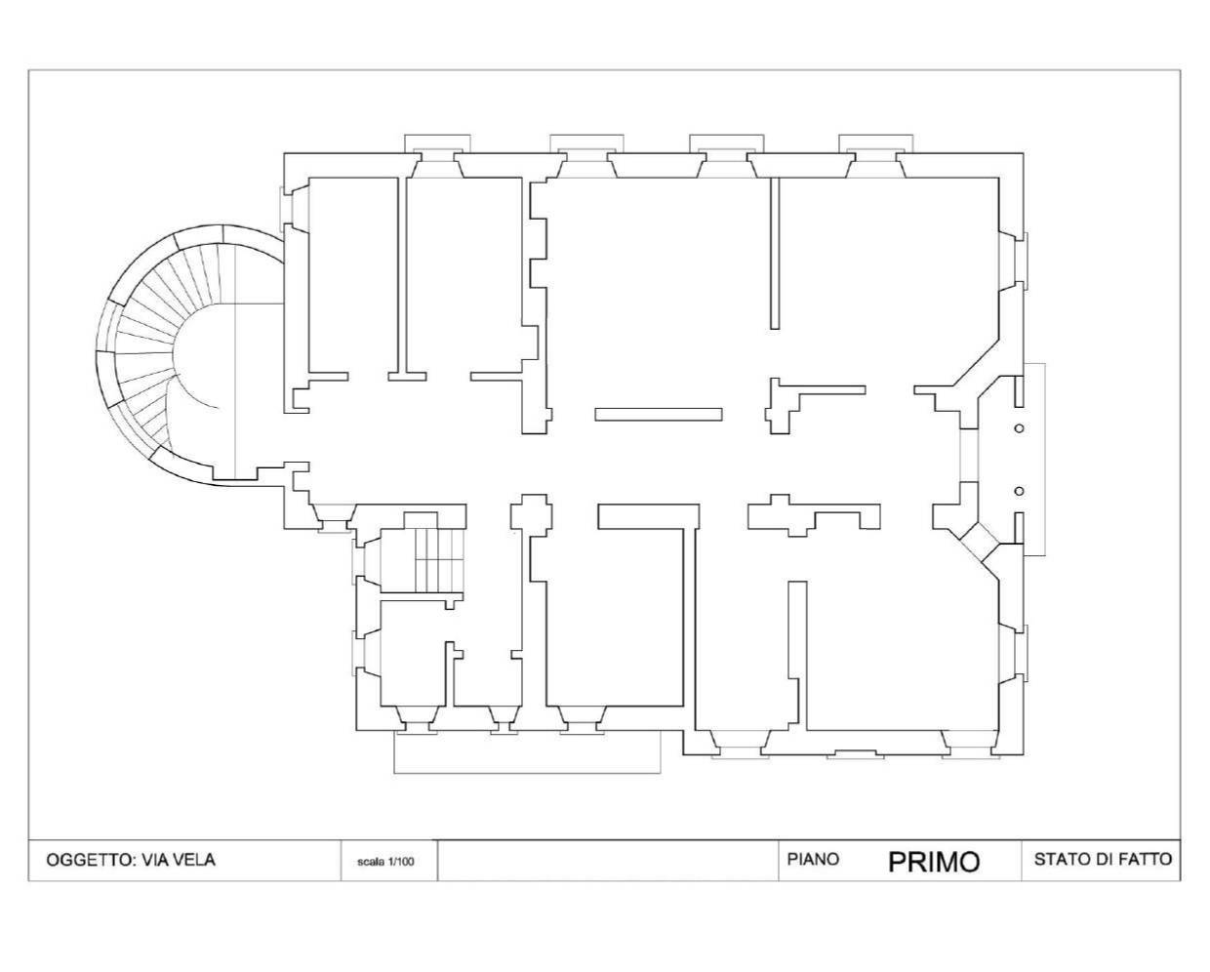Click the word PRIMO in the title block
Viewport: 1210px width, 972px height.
pyautogui.click(x=934, y=861)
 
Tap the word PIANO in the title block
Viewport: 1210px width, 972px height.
pyautogui.click(x=813, y=859)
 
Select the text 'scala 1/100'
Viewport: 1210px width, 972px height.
pyautogui.click(x=385, y=861)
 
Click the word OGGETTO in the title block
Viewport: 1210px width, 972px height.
pyautogui.click(x=91, y=860)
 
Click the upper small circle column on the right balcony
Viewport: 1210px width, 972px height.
pyautogui.click(x=1019, y=428)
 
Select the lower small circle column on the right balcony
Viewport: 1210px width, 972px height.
pyautogui.click(x=1019, y=491)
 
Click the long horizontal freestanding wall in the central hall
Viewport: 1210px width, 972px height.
pyautogui.click(x=659, y=415)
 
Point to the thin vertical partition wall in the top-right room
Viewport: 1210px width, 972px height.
pyautogui.click(x=775, y=253)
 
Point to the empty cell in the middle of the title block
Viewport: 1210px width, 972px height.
pyautogui.click(x=608, y=861)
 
